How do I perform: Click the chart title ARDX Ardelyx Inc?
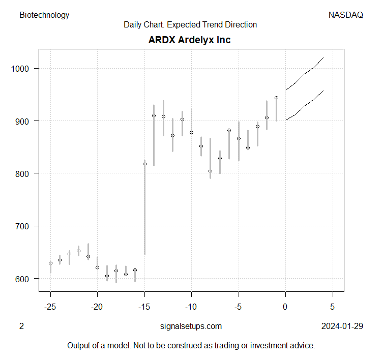coord(189,40)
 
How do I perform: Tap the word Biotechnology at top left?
coord(44,15)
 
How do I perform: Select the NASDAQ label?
coord(346,15)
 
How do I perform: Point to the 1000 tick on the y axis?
coord(22,68)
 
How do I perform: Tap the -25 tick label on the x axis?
coord(50,307)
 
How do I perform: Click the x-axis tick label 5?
coord(333,307)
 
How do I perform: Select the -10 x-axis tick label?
coord(191,307)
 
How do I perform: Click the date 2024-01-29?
coord(342,326)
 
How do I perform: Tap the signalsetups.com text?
coord(191,326)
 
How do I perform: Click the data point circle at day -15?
coord(144,164)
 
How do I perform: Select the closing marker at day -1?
coord(276,98)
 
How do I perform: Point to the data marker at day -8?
coord(210,171)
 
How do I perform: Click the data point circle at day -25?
coord(50,263)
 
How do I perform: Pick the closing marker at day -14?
coord(154,115)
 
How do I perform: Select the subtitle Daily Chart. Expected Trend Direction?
coord(190,24)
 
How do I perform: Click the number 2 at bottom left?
coord(21,326)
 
